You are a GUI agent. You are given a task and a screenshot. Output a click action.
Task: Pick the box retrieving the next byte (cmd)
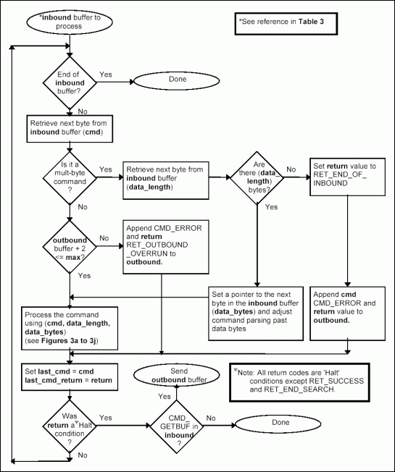69,128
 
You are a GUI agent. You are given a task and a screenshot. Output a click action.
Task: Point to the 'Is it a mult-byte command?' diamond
69,174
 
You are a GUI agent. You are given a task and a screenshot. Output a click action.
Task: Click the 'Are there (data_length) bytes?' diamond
257,174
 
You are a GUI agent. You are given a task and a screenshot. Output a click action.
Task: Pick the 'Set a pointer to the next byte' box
257,313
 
